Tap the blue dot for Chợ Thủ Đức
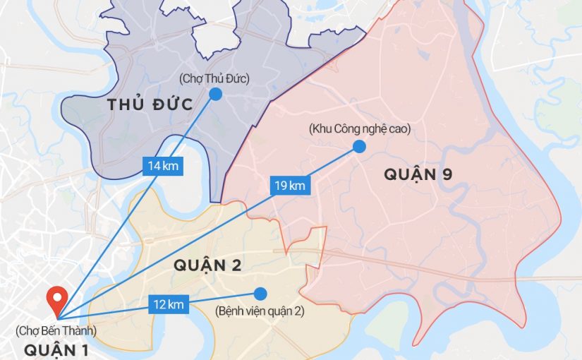[216, 94]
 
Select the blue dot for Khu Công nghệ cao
[359, 146]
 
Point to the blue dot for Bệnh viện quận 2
[261, 293]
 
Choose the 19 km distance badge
[290, 186]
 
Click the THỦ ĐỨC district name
[150, 105]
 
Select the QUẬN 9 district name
[418, 175]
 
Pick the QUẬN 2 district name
[208, 265]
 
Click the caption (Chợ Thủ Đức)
[214, 77]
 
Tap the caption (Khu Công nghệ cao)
[359, 129]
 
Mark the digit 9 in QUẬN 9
[446, 175]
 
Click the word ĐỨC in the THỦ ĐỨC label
[172, 105]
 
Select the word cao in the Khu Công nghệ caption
[399, 129]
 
